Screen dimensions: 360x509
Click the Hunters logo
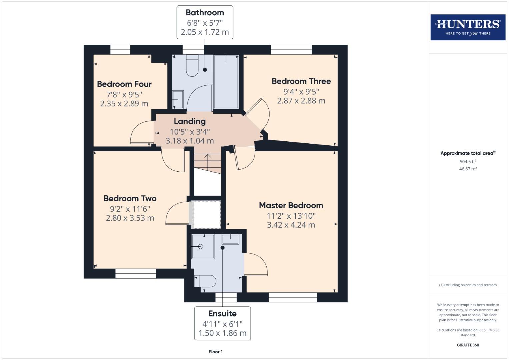pos(468,27)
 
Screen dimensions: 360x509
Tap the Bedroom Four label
pos(124,84)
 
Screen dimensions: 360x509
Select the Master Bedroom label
pos(291,205)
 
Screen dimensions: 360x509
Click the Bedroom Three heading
pos(301,81)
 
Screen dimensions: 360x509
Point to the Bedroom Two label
pos(130,199)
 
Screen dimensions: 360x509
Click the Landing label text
pos(189,121)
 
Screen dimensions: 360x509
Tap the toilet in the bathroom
pos(192,66)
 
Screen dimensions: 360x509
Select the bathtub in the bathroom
pos(226,82)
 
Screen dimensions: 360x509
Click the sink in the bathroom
pos(178,99)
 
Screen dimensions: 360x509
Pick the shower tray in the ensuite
pos(203,246)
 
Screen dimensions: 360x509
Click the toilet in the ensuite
pos(205,281)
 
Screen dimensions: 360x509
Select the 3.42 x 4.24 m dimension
pos(291,225)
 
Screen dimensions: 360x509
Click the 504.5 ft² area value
pos(468,162)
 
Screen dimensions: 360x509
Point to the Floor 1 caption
pos(215,352)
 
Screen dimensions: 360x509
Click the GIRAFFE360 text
pos(468,345)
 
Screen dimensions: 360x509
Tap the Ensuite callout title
pos(222,314)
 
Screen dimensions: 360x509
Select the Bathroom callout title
pos(205,13)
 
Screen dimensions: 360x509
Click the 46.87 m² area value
pos(468,169)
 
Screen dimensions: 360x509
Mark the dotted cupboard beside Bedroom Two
pos(207,215)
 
